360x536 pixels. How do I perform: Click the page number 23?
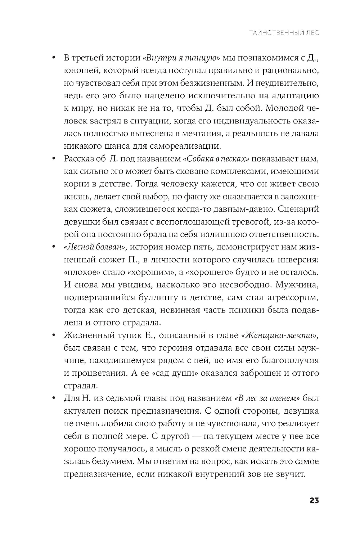[x=312, y=501]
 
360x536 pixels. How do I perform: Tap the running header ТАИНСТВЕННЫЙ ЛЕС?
[x=284, y=33]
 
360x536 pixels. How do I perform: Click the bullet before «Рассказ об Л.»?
[x=53, y=159]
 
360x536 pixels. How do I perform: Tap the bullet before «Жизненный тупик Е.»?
[x=53, y=335]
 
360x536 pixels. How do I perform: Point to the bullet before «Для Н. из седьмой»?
[x=53, y=398]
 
